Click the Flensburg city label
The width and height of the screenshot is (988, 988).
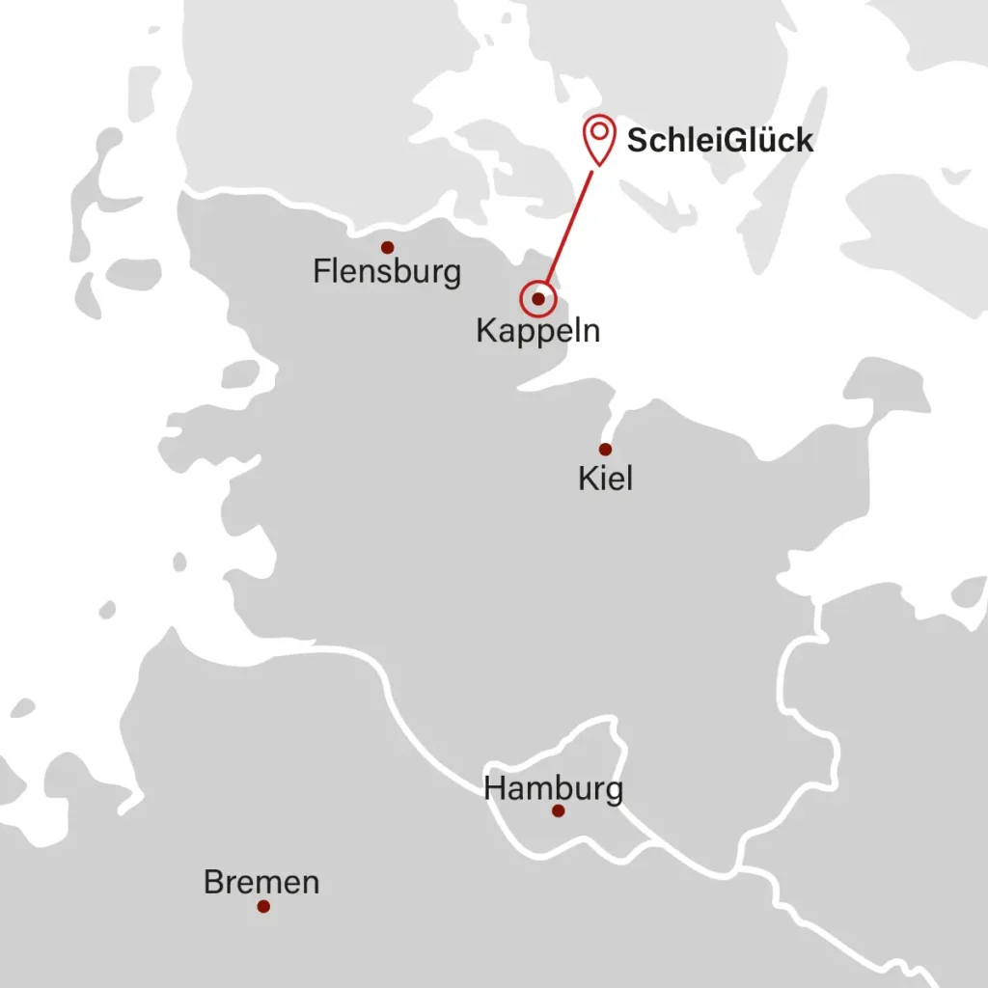coord(387,272)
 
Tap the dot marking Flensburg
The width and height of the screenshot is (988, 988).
coord(387,247)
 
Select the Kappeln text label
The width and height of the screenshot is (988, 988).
coord(537,331)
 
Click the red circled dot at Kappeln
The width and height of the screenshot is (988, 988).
coord(537,299)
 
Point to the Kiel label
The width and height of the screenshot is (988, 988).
coord(606,478)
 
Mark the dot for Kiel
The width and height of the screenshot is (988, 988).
coord(605,449)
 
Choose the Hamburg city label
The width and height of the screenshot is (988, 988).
coord(553,788)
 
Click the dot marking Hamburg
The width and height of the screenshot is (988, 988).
coord(558,810)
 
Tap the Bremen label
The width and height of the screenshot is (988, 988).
coord(261,882)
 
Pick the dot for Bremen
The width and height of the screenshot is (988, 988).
coord(263,906)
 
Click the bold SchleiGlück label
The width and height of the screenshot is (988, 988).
coord(720,141)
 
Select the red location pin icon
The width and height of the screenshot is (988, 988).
coord(599,139)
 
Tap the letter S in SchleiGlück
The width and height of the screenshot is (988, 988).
coord(637,141)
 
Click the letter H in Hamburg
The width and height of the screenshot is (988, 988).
coord(494,788)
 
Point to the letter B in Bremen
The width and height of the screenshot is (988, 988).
coord(213,882)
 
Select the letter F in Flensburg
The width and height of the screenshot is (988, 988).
coord(320,272)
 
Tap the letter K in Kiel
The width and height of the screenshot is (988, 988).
coord(587,478)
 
